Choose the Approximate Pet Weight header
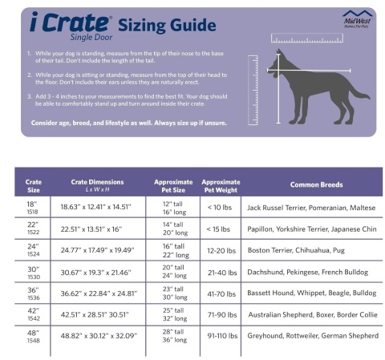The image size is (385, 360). (x=221, y=185)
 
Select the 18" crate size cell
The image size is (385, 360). (x=32, y=207)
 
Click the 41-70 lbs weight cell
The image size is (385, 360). (x=221, y=293)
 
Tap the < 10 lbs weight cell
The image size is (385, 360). (x=221, y=207)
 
